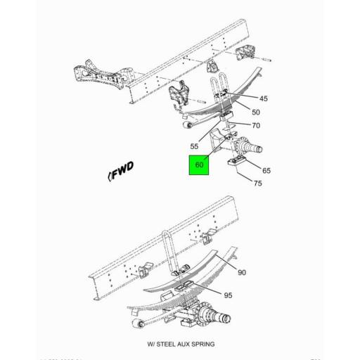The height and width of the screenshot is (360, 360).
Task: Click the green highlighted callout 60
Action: tap(200, 166)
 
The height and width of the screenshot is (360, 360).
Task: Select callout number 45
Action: tap(264, 98)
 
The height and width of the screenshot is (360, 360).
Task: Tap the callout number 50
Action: tap(255, 112)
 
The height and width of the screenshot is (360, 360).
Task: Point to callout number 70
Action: tap(256, 126)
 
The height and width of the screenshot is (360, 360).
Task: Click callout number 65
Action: tap(266, 171)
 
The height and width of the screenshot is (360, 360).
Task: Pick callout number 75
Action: tap(257, 184)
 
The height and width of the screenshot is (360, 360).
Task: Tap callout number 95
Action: tap(229, 295)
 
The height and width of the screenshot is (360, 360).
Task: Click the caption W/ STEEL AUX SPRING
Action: tap(181, 344)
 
